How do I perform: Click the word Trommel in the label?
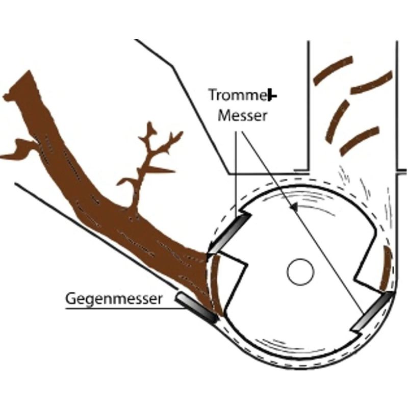point(238,95)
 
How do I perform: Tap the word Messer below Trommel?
point(243,116)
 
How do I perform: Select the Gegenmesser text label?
point(114,298)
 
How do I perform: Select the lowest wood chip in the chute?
point(360,140)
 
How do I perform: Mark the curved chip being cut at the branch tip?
point(216,283)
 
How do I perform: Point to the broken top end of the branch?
point(20,87)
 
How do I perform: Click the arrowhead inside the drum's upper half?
point(294,208)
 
